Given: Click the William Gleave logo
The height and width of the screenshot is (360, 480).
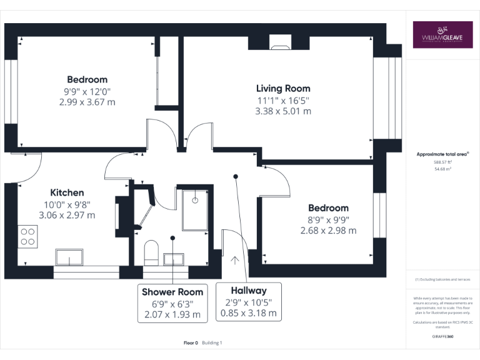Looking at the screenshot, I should coord(442,36).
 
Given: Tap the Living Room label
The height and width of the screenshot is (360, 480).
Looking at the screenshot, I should coord(283,88).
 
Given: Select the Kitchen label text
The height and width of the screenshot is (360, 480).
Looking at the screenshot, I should coord(67,192).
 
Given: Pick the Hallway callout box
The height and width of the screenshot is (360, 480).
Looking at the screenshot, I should coord(248,302).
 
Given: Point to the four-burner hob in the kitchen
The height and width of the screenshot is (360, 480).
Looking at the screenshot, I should coord(28,236).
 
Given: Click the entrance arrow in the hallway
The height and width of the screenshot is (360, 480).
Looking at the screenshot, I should coord(235,260).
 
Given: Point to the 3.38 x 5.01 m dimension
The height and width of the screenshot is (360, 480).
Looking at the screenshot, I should coord(283,112).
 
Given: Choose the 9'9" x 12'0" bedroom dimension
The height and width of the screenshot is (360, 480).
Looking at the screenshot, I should coord(87,91).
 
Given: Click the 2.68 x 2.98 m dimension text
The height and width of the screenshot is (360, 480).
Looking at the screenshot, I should coord(328,231).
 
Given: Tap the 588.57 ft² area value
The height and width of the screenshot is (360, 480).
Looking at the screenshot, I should coord(442,162).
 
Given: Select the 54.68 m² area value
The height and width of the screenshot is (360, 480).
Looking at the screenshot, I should coord(442,169).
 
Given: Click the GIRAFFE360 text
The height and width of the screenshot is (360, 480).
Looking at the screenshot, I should coord(442,337).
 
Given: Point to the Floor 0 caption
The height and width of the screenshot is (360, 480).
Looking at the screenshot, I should coord(191,342).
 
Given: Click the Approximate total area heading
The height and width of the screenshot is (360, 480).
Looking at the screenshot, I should coord(442,154).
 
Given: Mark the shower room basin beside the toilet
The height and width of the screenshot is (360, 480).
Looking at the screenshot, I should coord(172,258).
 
